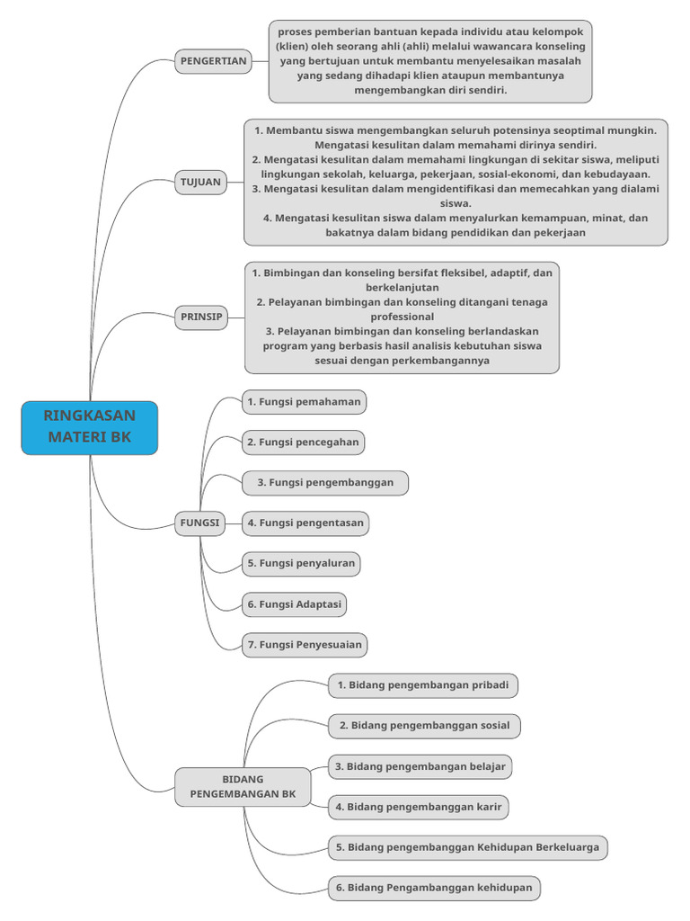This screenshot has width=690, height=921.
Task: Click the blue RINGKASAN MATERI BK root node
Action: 89,428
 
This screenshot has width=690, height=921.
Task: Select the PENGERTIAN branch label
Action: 213,61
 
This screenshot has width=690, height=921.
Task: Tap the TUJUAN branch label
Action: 199,182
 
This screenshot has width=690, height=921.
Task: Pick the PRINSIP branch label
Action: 201,317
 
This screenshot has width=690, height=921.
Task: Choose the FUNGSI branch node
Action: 199,523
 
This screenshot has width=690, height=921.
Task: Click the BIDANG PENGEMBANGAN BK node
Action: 242,787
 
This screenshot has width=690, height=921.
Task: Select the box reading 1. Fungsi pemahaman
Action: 304,402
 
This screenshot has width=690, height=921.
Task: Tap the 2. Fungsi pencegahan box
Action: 304,443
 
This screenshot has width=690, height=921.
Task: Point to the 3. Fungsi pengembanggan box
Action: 324,483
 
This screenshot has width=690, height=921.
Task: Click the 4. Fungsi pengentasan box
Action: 306,523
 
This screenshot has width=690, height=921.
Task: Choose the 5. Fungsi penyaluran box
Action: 301,564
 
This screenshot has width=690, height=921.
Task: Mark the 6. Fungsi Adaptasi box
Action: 295,604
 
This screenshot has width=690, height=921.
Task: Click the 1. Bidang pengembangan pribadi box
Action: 422,685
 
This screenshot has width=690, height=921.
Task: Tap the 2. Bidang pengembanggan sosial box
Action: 424,726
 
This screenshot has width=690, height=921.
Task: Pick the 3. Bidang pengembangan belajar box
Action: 420,767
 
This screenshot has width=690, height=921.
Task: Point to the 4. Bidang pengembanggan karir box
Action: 418,808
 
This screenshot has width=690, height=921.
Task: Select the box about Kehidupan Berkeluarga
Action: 467,847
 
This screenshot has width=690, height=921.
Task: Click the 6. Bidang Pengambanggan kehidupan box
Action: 434,888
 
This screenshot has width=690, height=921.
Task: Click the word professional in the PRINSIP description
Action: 402,317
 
